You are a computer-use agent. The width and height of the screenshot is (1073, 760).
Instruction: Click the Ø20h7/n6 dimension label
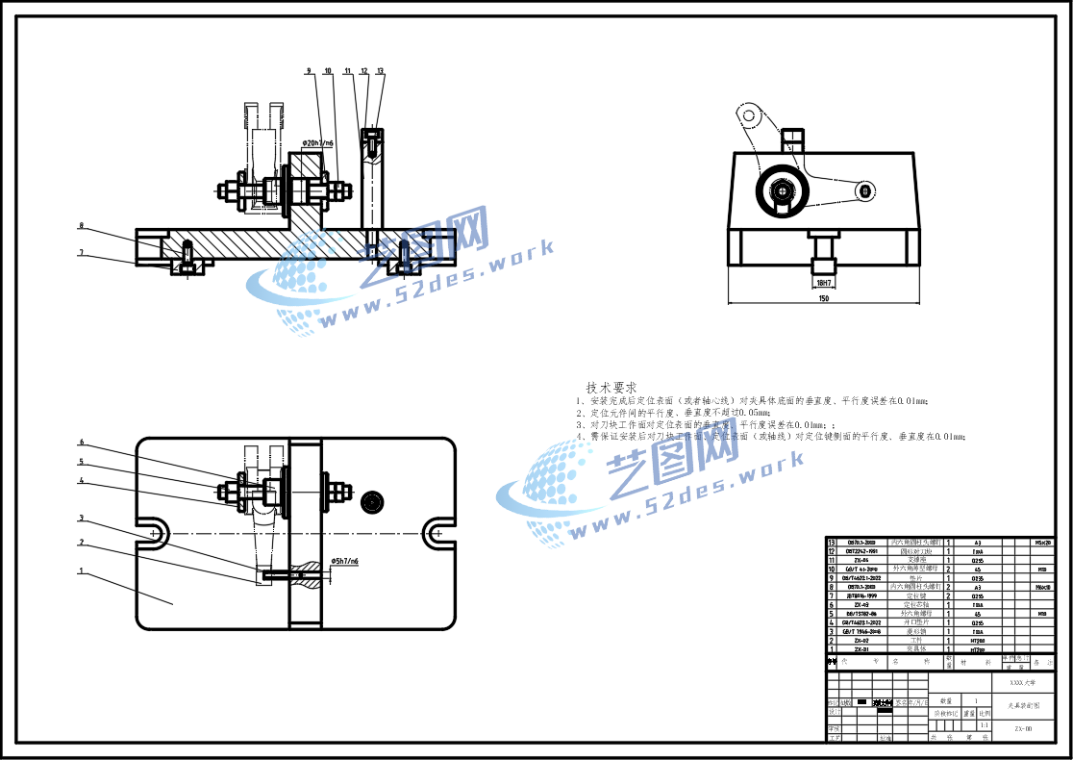click(318, 143)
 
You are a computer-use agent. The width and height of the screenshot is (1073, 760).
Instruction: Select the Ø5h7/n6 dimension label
click(344, 561)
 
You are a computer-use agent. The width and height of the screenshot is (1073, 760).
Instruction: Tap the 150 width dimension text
click(823, 299)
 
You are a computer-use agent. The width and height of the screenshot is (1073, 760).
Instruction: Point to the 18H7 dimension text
click(823, 283)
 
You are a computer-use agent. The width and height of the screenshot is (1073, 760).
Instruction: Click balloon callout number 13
click(380, 71)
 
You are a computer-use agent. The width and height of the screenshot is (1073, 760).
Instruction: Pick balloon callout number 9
click(309, 71)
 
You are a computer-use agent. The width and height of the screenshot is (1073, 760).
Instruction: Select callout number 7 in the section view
click(82, 253)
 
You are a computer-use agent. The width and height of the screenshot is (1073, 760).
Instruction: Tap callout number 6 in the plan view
click(82, 443)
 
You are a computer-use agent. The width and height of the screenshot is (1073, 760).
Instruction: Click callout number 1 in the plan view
click(82, 570)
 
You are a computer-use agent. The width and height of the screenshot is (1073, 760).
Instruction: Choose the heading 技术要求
click(611, 387)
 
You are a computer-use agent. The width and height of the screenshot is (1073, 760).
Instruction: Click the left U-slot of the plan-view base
click(154, 531)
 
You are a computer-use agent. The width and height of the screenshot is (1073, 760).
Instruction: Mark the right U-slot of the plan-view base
click(438, 531)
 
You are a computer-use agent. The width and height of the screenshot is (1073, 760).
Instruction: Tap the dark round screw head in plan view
click(372, 501)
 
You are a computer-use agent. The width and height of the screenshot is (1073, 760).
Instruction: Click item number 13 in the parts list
click(832, 543)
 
